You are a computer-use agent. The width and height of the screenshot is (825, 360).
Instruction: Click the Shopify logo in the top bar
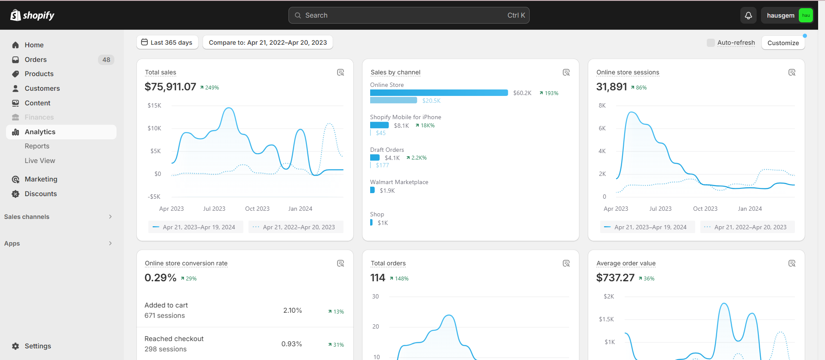point(32,15)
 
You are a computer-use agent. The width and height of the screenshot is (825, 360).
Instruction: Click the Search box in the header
point(409,15)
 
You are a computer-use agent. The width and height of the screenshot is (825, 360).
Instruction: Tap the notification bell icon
point(748,15)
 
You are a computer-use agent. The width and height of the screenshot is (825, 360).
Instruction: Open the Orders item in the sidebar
point(36,60)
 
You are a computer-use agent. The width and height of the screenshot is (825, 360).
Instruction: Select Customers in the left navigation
point(42,89)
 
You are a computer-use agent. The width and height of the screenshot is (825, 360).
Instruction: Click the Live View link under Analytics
point(40,161)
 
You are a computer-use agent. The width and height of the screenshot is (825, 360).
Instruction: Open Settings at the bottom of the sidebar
point(38,346)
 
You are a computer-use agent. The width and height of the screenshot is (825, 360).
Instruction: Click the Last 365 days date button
point(167,43)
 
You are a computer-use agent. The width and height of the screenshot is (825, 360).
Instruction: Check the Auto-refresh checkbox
point(711,43)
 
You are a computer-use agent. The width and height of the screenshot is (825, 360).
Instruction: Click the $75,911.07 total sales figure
point(170,87)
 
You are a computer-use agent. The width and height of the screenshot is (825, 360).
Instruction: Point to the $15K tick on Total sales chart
point(154,105)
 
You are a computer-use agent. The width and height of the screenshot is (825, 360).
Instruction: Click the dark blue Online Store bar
point(439,93)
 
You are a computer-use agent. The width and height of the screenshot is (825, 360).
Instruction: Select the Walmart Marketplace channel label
point(399,182)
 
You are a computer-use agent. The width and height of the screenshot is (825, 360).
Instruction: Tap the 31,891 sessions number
point(611,87)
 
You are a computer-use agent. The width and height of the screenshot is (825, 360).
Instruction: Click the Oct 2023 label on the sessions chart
point(705,209)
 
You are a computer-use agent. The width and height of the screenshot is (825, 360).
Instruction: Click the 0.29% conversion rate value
point(160,278)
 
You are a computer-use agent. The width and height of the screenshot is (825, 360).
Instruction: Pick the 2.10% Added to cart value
point(292,311)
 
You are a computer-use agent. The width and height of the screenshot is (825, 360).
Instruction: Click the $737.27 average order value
point(615,278)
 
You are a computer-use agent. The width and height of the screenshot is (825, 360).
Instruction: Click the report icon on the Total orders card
point(566,263)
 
